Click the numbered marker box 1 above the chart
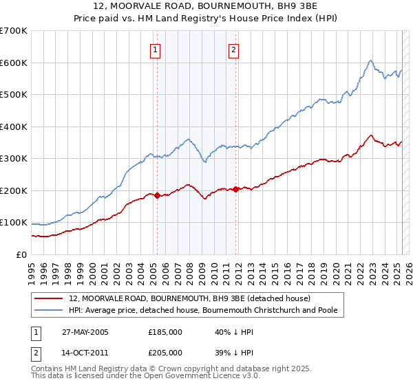(x=156, y=49)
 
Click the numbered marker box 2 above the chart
(x=234, y=49)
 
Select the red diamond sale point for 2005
(x=157, y=195)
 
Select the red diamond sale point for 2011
(x=235, y=189)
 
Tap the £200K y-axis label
(x=14, y=190)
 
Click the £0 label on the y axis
(x=21, y=254)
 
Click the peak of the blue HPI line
(x=370, y=60)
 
